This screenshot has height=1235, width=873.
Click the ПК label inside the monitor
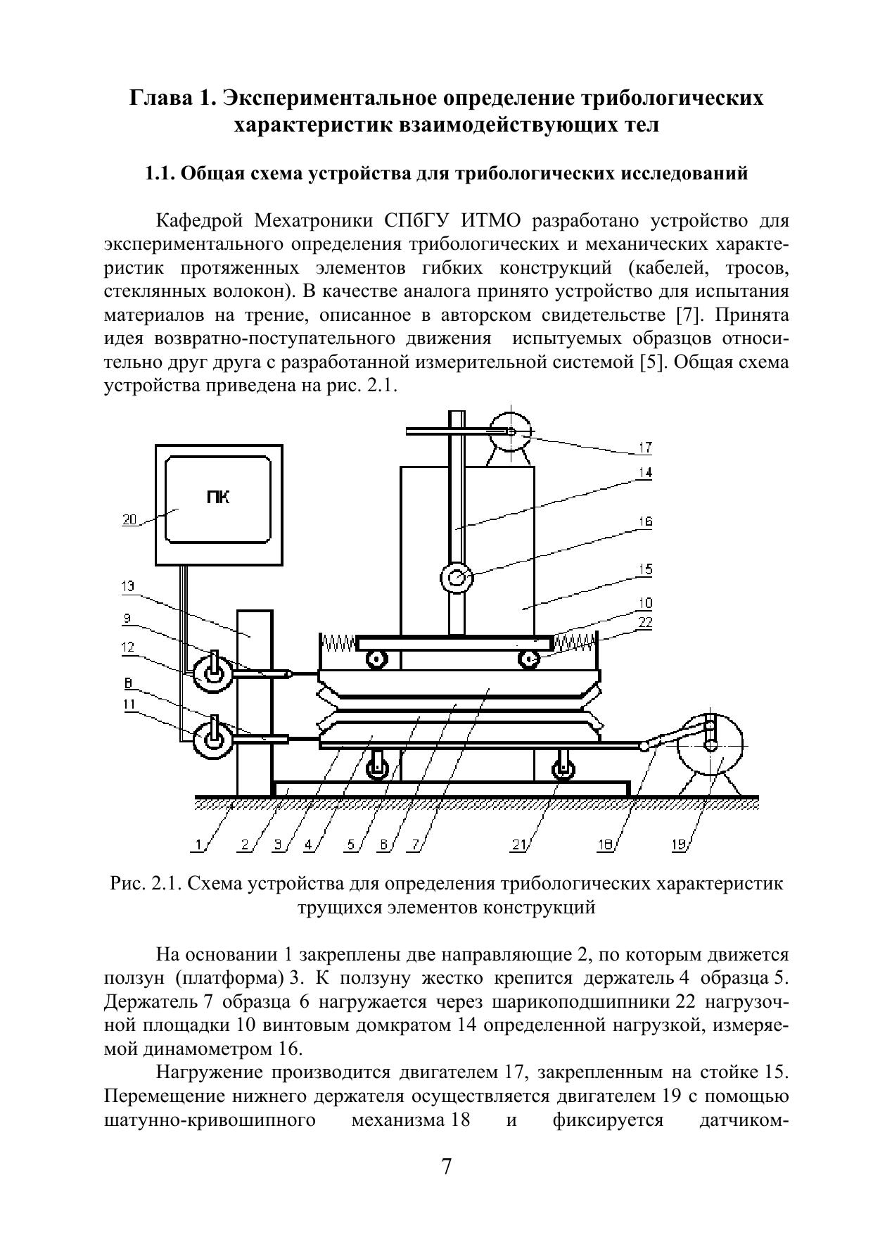click(x=219, y=498)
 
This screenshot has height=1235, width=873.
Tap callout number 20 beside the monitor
click(x=129, y=520)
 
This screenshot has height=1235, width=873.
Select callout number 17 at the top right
click(x=644, y=447)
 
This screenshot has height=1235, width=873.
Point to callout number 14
click(x=644, y=473)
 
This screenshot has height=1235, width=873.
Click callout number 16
click(x=644, y=521)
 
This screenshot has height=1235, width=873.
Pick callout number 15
click(x=644, y=569)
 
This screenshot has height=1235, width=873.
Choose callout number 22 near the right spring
click(x=644, y=622)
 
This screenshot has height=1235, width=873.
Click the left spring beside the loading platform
click(x=339, y=642)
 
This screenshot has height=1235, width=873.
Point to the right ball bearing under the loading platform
click(x=529, y=659)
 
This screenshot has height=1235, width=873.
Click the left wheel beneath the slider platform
click(x=377, y=768)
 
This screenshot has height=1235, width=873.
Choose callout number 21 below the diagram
click(x=519, y=846)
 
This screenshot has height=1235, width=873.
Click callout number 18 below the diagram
click(x=605, y=846)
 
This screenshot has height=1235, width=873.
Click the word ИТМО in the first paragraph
click(x=491, y=221)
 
